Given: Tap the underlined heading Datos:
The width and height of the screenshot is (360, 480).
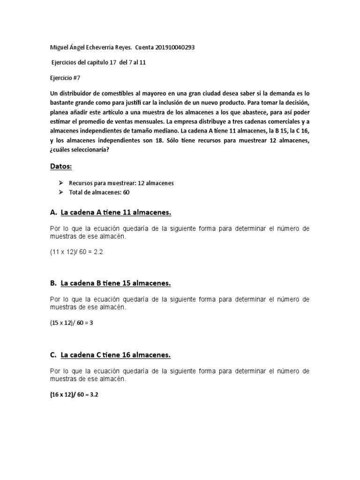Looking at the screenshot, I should (62, 166).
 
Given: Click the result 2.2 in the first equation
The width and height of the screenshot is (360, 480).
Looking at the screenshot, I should (97, 252).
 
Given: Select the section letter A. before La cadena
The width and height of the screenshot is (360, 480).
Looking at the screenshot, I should (53, 213).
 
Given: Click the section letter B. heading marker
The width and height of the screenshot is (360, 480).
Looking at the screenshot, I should (53, 284).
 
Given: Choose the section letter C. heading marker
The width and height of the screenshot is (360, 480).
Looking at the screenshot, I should (53, 355).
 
